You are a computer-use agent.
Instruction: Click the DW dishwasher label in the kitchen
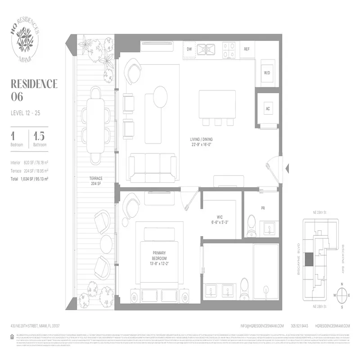[x=190, y=49]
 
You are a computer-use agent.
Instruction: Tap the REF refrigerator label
[x=247, y=49]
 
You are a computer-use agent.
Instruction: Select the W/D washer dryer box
[x=267, y=72]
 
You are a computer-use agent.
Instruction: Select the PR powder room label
[x=263, y=208]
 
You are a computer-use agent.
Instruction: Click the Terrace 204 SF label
[x=96, y=180]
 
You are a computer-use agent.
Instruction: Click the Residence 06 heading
[x=34, y=90]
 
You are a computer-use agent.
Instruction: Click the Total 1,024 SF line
[x=30, y=179]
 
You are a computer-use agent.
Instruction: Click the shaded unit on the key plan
[x=309, y=260]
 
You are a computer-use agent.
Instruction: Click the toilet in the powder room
[x=252, y=222]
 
